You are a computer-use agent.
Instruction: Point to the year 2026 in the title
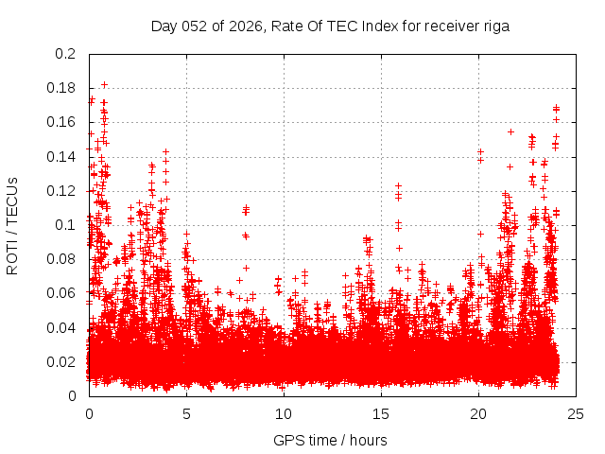tap(242, 26)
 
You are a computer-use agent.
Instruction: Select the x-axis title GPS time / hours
tap(330, 440)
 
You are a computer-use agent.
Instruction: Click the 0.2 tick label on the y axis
tap(65, 54)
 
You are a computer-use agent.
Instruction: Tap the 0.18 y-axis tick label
tap(61, 88)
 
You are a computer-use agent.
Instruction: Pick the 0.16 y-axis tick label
tap(61, 122)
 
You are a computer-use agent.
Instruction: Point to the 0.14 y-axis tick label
tap(61, 156)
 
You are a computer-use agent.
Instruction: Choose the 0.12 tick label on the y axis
tap(61, 190)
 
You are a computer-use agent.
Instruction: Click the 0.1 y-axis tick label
tap(65, 225)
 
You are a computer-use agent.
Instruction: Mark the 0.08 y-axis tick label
tap(61, 259)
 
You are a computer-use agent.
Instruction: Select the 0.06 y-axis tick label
tap(61, 293)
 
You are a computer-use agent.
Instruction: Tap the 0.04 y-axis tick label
tap(61, 327)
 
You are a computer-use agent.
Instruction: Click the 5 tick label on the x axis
tap(186, 413)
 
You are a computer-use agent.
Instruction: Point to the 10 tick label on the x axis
tap(284, 413)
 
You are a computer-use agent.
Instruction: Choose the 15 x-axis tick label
tap(381, 413)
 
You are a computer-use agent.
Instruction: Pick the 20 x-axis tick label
tap(479, 413)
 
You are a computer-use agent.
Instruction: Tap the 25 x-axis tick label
tap(577, 413)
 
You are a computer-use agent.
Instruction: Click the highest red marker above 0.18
tap(104, 84)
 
